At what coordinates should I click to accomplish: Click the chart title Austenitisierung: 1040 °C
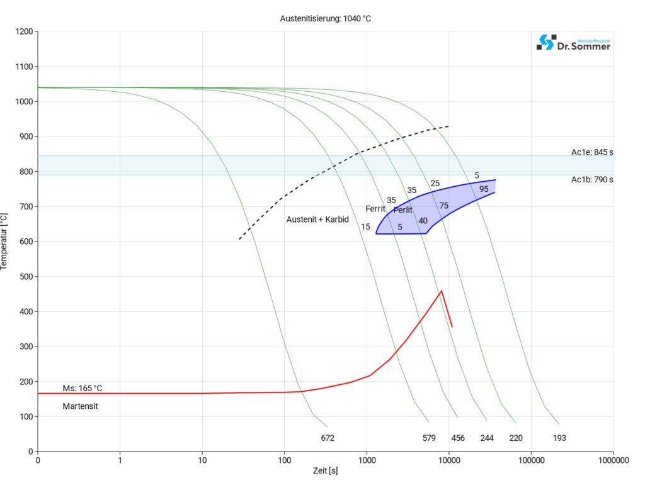(x=325, y=19)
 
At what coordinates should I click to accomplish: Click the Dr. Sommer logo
(x=573, y=43)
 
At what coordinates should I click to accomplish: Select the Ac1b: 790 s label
(x=592, y=180)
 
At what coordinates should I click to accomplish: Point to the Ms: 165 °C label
(x=83, y=388)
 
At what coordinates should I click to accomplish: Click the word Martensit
(x=80, y=406)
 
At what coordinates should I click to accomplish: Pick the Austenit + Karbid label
(x=317, y=220)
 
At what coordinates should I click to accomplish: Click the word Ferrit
(x=375, y=209)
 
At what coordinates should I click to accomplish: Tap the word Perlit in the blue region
(x=403, y=210)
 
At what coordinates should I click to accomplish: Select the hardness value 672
(x=328, y=438)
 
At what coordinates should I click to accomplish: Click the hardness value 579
(x=429, y=438)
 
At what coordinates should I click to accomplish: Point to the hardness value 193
(x=559, y=438)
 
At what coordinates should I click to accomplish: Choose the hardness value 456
(x=458, y=438)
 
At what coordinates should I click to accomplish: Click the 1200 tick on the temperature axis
(x=23, y=31)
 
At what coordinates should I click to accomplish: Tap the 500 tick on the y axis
(x=25, y=277)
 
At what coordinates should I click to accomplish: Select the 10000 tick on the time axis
(x=448, y=460)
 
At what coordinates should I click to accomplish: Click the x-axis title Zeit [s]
(x=325, y=471)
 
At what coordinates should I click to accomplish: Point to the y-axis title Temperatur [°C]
(x=5, y=241)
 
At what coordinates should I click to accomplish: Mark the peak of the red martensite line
(x=442, y=291)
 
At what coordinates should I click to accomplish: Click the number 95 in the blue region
(x=484, y=189)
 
